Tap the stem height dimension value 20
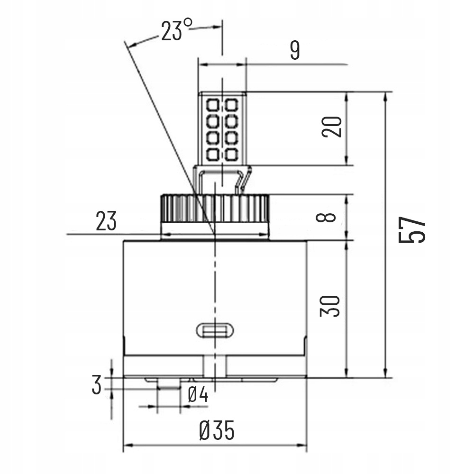click(x=332, y=127)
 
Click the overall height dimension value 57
click(x=411, y=231)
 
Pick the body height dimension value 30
click(x=330, y=306)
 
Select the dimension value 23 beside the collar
click(x=106, y=221)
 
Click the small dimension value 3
click(x=97, y=385)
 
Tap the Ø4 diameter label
click(x=198, y=394)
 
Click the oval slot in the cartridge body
click(x=214, y=329)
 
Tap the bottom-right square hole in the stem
click(x=231, y=155)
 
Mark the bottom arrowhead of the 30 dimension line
click(x=347, y=374)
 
